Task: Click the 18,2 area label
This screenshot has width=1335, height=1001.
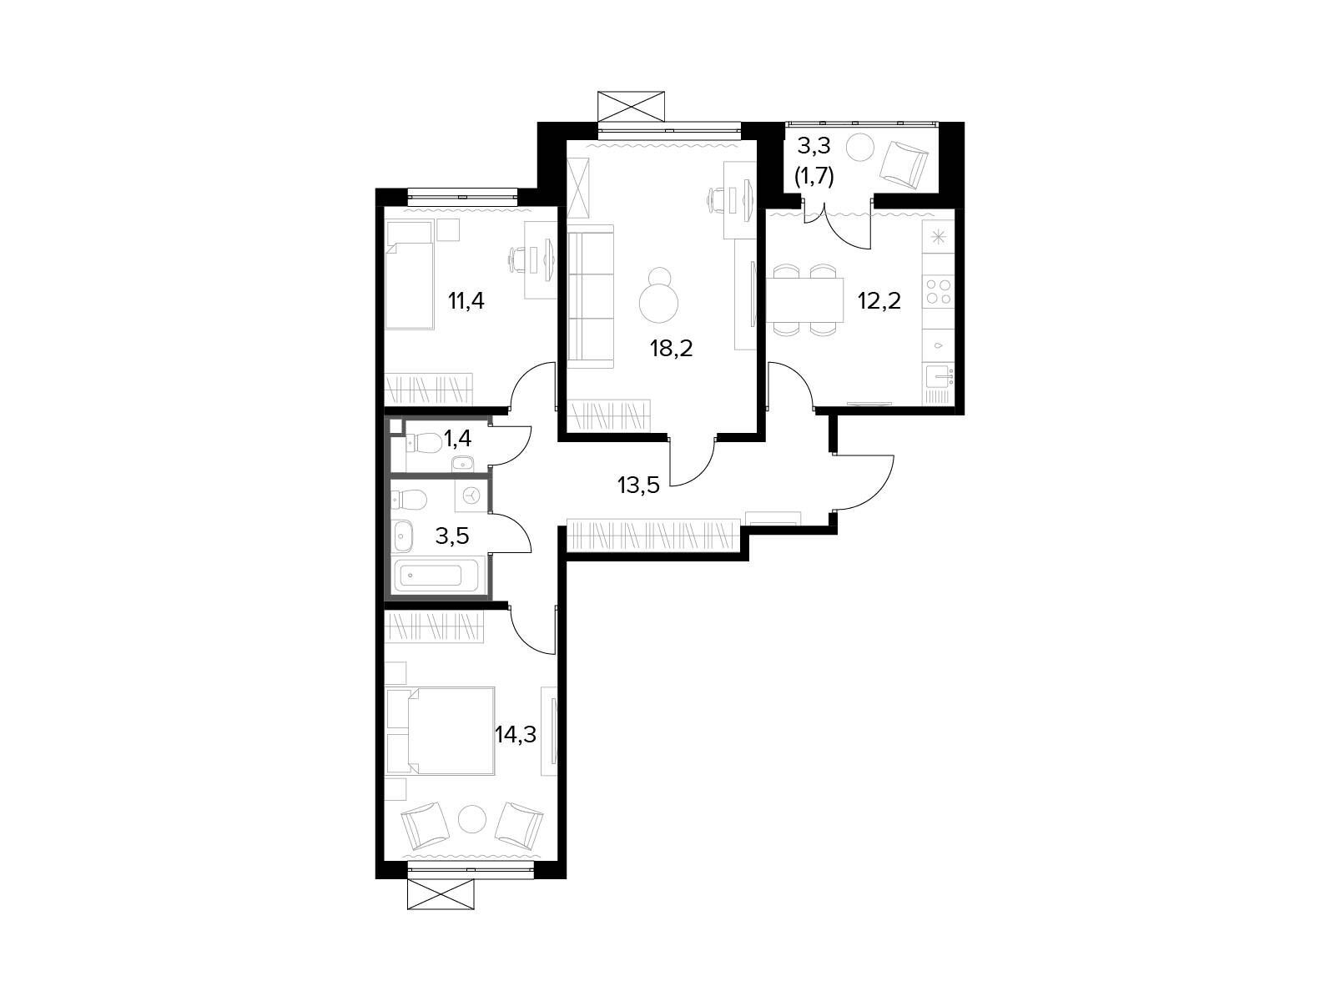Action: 671,348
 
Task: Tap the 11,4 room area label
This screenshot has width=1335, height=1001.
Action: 466,300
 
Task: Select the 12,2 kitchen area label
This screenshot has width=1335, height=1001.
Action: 879,300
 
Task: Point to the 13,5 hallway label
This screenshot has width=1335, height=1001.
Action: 638,485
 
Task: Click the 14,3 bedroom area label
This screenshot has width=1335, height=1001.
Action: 515,735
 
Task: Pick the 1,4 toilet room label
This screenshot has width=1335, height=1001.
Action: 457,438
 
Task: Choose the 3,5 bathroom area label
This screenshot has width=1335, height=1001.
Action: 452,536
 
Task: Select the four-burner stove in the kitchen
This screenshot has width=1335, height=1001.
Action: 937,291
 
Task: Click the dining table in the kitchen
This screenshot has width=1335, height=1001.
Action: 804,300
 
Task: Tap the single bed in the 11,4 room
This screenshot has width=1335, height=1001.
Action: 410,274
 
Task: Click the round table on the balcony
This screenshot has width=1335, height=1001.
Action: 860,147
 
